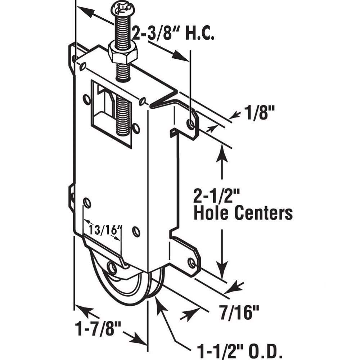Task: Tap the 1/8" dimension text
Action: (259, 112)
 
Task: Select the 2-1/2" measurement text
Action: (216, 195)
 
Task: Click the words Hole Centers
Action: (243, 213)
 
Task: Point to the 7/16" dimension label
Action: (239, 312)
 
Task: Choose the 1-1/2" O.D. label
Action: (240, 351)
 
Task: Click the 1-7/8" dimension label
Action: (98, 328)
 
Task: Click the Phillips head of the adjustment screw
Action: (123, 10)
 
